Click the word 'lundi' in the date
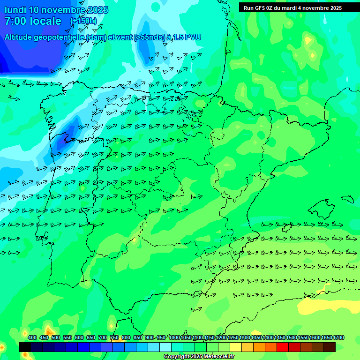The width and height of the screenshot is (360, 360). pyautogui.click(x=15, y=10)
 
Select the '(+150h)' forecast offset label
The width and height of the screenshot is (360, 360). pyautogui.click(x=83, y=21)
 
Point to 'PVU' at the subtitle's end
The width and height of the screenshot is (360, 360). pyautogui.click(x=193, y=37)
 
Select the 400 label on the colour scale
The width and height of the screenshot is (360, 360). pyautogui.click(x=32, y=337)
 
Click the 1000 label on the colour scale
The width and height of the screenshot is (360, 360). pyautogui.click(x=174, y=337)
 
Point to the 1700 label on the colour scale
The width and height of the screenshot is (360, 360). pyautogui.click(x=338, y=337)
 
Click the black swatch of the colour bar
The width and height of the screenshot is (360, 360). pyautogui.click(x=25, y=347)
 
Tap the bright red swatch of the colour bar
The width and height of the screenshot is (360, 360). pyautogui.click(x=283, y=347)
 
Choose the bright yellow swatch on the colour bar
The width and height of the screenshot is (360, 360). pyautogui.click(x=236, y=347)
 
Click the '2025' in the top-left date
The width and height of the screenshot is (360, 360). pyautogui.click(x=97, y=10)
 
